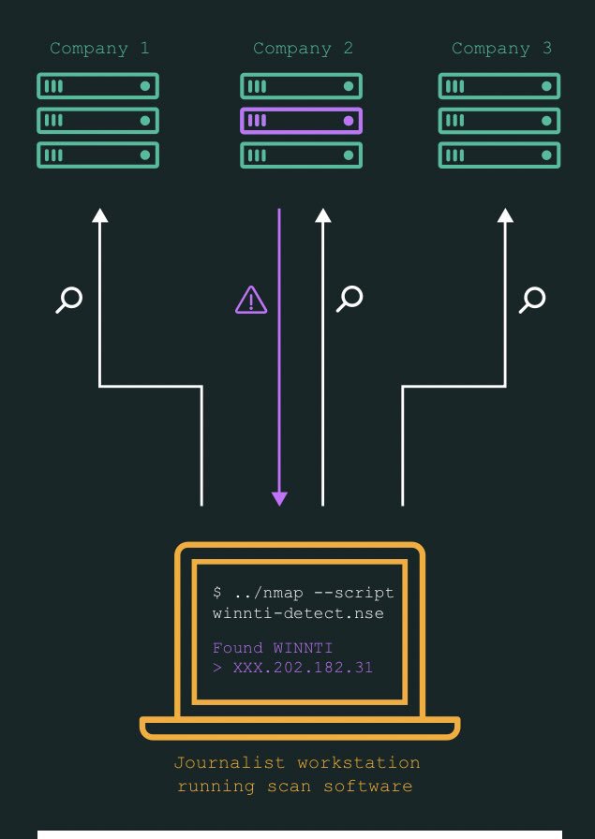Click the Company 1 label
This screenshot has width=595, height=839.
coord(99,48)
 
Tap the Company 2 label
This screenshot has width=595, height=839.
coord(303,48)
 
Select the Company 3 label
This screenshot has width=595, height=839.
coord(501,48)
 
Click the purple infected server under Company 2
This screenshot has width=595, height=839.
coord(301,121)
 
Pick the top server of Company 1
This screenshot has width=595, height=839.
coord(97,86)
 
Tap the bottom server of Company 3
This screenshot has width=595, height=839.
coord(499,155)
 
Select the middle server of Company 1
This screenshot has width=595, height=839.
coord(97,121)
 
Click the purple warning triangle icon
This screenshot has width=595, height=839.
coord(251,300)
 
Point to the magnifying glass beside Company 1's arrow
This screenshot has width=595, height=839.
coord(69,300)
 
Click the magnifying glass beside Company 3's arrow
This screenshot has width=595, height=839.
coord(532,300)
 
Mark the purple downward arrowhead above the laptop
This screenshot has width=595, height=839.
coord(279,498)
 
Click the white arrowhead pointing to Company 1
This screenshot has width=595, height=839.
coord(100,215)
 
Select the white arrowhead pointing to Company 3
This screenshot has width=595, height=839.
coord(505,215)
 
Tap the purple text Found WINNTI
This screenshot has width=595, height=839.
coord(273,648)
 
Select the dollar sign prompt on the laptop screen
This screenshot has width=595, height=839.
coord(217,594)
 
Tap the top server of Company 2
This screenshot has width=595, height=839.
coord(301,86)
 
